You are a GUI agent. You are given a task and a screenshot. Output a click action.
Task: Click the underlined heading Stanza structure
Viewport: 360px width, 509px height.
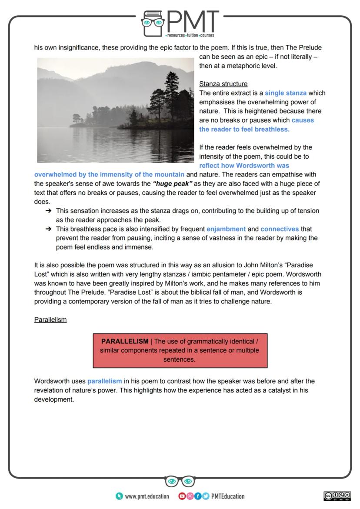pyautogui.click(x=223, y=84)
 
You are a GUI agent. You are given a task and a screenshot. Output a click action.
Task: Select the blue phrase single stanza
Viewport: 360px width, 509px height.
pyautogui.click(x=285, y=93)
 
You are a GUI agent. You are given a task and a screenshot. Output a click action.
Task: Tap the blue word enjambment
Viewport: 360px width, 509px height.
pyautogui.click(x=226, y=229)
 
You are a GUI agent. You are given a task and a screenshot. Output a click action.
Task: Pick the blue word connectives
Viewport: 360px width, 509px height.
pyautogui.click(x=280, y=229)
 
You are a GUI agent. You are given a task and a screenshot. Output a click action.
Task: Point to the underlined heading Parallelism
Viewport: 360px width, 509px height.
pyautogui.click(x=50, y=319)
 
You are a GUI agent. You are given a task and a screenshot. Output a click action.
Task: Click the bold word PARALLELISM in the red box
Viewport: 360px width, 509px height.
pyautogui.click(x=125, y=341)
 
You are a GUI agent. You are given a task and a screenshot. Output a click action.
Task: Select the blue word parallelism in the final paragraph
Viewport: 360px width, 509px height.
pyautogui.click(x=104, y=381)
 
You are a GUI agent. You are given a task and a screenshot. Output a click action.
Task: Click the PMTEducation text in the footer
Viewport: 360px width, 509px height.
pyautogui.click(x=227, y=496)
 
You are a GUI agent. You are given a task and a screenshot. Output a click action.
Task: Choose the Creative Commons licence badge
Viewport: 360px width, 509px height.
pyautogui.click(x=337, y=496)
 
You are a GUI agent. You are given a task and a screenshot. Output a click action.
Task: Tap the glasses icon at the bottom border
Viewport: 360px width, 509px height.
pyautogui.click(x=180, y=481)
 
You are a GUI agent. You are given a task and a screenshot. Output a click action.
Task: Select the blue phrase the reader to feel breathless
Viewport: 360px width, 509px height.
pyautogui.click(x=244, y=130)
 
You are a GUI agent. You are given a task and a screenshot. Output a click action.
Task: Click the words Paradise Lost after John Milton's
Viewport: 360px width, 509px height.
pyautogui.click(x=296, y=265)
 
